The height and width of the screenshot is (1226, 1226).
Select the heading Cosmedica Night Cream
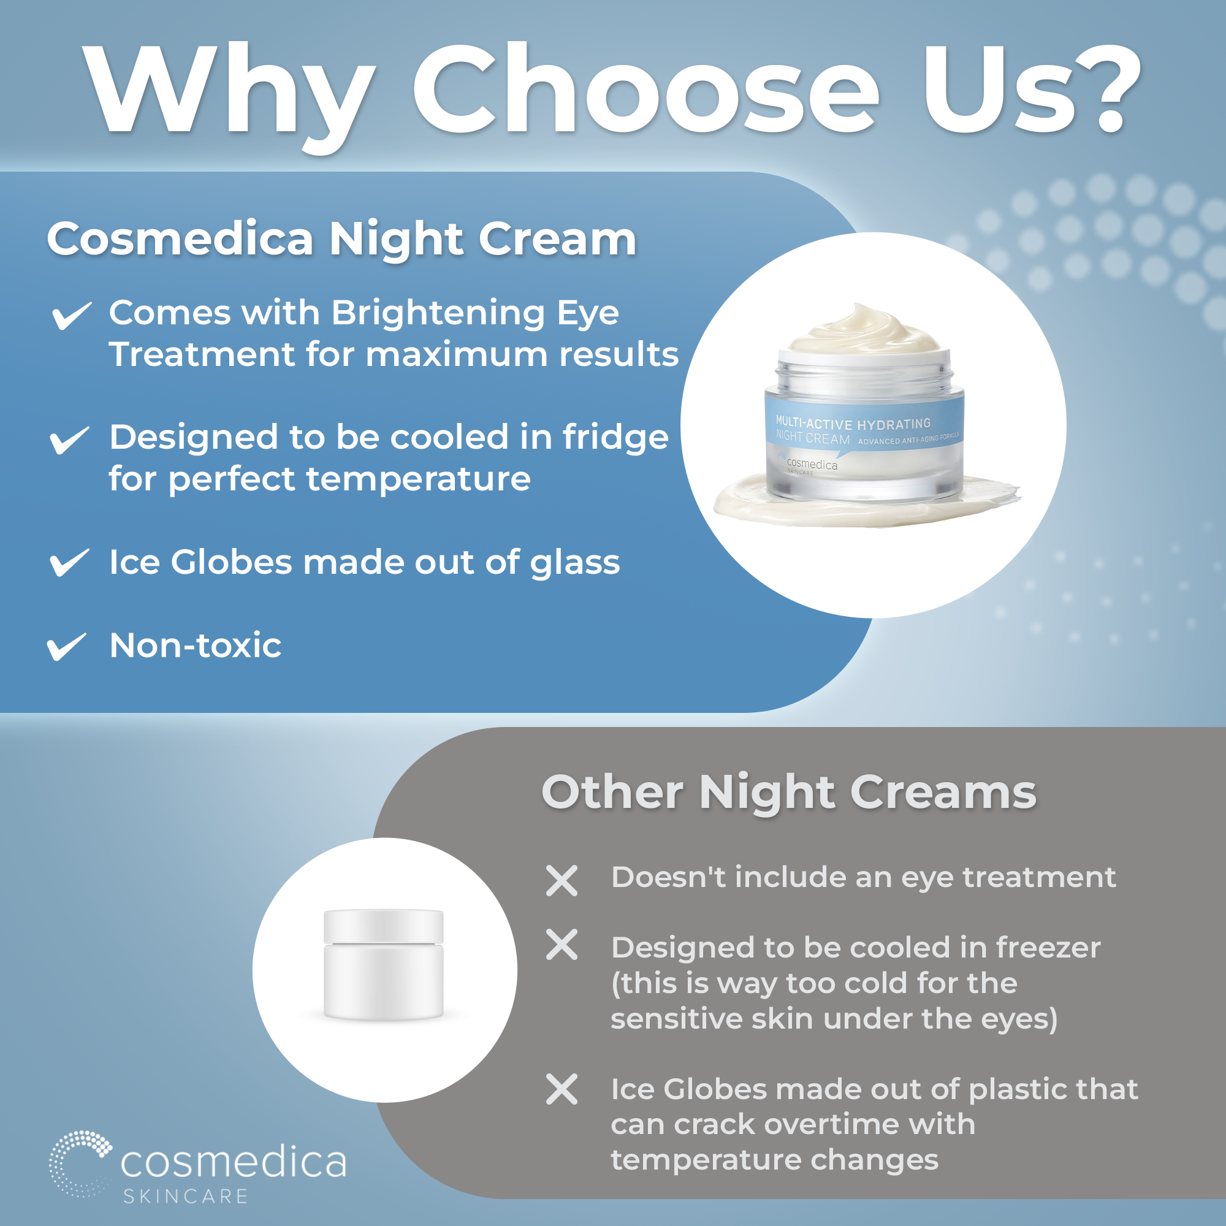(341, 239)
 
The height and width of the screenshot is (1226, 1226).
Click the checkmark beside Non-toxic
(66, 646)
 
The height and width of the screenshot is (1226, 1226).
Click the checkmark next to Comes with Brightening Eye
(71, 315)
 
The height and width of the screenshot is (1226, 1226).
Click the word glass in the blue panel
(575, 563)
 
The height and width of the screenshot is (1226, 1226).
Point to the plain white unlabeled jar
(383, 964)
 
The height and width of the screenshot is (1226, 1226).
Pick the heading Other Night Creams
(789, 793)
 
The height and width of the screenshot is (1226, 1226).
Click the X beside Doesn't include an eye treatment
(562, 881)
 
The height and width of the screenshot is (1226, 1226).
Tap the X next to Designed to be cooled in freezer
(562, 945)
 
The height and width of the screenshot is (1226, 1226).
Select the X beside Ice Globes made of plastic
(562, 1089)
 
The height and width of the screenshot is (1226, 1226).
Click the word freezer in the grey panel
(1048, 948)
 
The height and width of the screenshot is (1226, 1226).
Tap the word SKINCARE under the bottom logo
(185, 1196)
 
